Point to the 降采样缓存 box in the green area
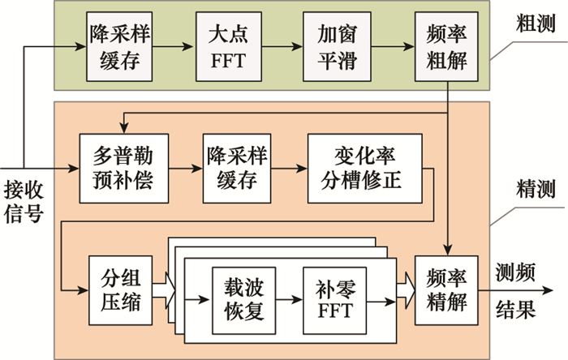click(113, 47)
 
